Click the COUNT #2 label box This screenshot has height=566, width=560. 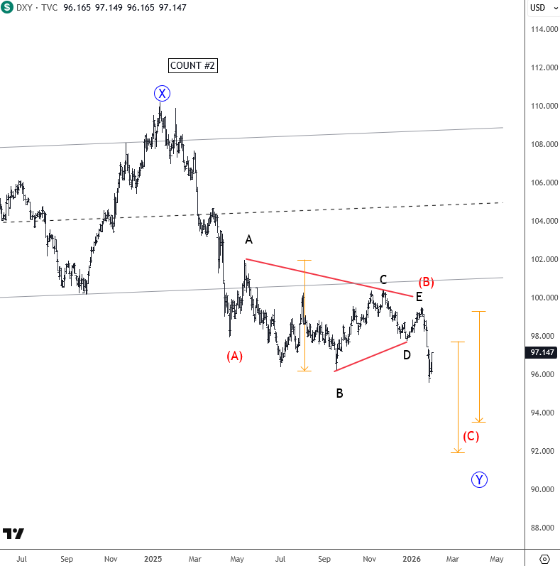pyautogui.click(x=192, y=66)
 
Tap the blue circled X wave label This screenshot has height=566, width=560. pyautogui.click(x=163, y=93)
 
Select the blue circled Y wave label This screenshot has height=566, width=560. pyautogui.click(x=480, y=480)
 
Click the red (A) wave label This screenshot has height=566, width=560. pyautogui.click(x=234, y=357)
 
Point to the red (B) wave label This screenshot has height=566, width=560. pyautogui.click(x=426, y=282)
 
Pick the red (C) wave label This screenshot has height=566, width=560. pyautogui.click(x=471, y=436)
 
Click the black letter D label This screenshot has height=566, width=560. pyautogui.click(x=407, y=354)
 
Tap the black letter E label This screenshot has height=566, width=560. pyautogui.click(x=419, y=297)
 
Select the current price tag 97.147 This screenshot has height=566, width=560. pyautogui.click(x=542, y=352)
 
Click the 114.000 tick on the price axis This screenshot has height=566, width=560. pyautogui.click(x=542, y=29)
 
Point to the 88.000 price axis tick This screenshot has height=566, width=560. pyautogui.click(x=542, y=528)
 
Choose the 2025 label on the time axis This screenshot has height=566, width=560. pyautogui.click(x=153, y=559)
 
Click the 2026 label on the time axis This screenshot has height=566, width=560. pyautogui.click(x=412, y=559)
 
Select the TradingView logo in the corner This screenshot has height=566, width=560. pyautogui.click(x=13, y=534)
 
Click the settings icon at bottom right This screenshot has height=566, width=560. pyautogui.click(x=544, y=559)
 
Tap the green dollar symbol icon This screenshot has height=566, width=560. pyautogui.click(x=6, y=8)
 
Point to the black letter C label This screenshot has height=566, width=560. pyautogui.click(x=383, y=280)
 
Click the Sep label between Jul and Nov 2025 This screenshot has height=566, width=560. pyautogui.click(x=324, y=559)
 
